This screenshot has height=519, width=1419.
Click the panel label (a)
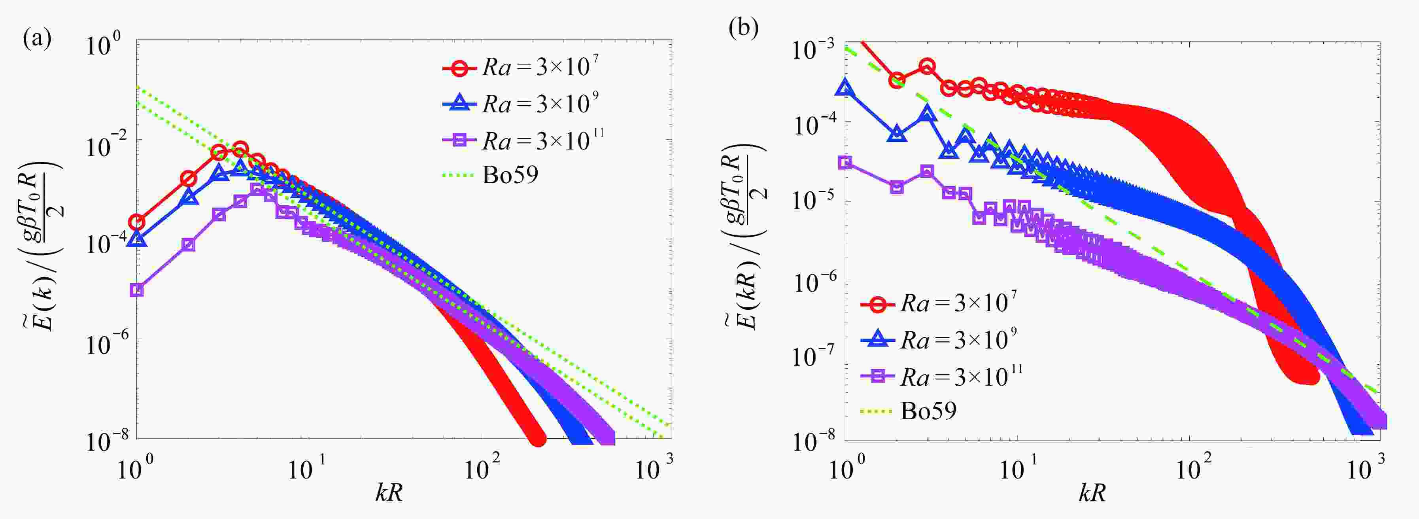pyautogui.click(x=37, y=40)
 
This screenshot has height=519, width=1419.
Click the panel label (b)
pyautogui.click(x=743, y=28)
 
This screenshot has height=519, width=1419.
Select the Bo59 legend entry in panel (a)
pyautogui.click(x=510, y=175)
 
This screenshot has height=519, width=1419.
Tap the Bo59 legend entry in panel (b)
pyautogui.click(x=928, y=411)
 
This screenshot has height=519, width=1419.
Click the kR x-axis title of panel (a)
pyautogui.click(x=389, y=492)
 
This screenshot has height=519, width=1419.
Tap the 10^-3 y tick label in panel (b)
pyautogui.click(x=813, y=51)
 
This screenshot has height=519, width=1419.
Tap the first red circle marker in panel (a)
pyautogui.click(x=137, y=222)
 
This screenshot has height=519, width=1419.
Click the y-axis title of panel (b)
pyautogui.click(x=746, y=237)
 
